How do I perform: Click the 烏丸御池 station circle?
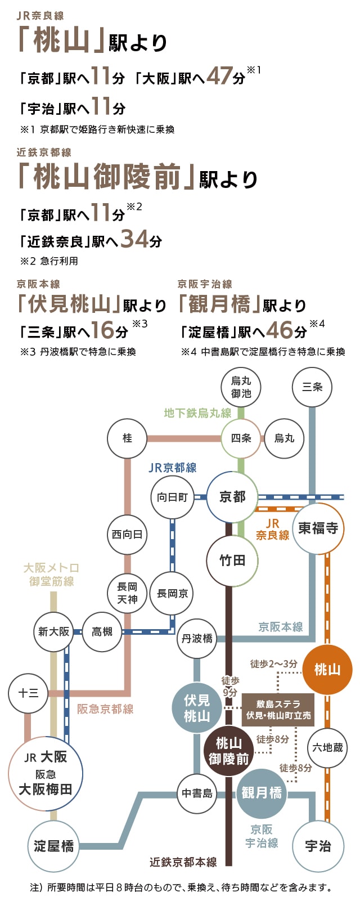pos(241,387)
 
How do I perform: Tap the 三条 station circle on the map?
pos(312,387)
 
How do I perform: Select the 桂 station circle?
pos(128,438)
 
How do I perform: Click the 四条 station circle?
pos(241,438)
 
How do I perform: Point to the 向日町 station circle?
pos(172,497)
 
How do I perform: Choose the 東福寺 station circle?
pos(318,528)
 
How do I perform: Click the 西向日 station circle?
pos(128,535)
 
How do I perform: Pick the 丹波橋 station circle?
pos(197,639)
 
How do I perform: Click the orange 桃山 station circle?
pos(327,670)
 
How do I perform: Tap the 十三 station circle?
pos(29,693)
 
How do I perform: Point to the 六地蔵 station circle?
pos(327,748)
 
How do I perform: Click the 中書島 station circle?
pos(197,793)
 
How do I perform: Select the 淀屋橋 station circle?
pos(53,846)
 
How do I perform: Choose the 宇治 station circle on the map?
pos(318,846)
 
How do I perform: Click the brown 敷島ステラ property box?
pos(278,710)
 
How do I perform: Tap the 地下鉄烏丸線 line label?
pos(197,413)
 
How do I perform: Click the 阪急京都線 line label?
pos(105,709)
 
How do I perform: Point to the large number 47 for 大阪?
pos(219,75)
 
